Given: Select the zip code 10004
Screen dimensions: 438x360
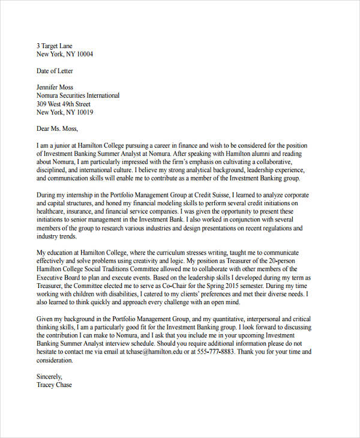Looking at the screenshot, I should click(x=83, y=54).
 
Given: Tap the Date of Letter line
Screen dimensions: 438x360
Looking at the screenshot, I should click(x=59, y=71).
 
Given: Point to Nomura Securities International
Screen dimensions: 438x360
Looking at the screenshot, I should click(x=78, y=95).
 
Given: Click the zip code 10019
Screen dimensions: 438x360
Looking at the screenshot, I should click(x=83, y=112).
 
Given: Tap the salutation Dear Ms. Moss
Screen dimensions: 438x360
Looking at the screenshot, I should click(x=57, y=128).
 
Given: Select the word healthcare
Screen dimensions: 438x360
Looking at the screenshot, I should click(x=53, y=212).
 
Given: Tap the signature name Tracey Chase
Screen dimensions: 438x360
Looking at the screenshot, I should click(x=54, y=385).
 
